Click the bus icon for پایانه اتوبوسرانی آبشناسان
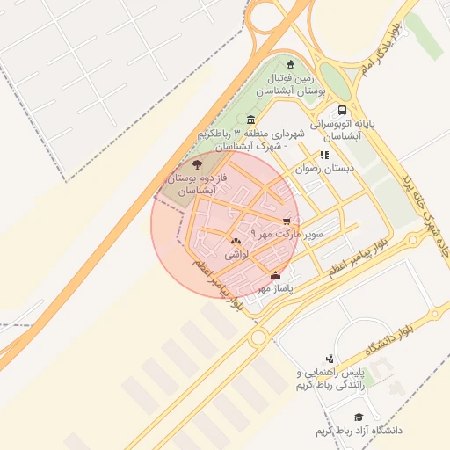pos(342,110)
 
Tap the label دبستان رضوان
pos(324,167)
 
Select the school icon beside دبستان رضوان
pos(324,155)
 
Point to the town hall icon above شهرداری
pos(251,120)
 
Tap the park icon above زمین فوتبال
pos(291,62)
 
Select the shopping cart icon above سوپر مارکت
pos(287,221)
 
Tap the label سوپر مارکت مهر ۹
pos(287,235)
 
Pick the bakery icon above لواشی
pos(236,241)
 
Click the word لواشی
pos(237,254)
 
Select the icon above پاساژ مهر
pos(275,275)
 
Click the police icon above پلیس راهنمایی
pos(330,358)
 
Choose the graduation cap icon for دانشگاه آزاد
pos(358,417)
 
